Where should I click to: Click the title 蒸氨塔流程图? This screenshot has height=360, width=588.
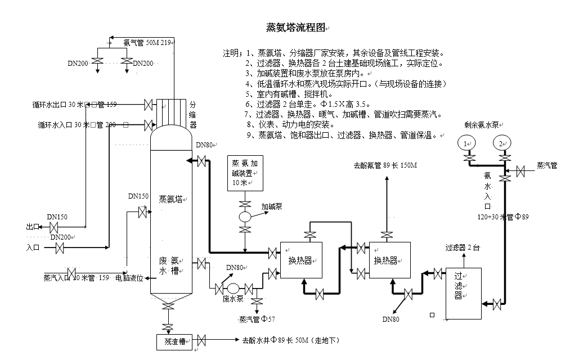click(295, 28)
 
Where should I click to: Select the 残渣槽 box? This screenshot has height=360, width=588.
click(174, 341)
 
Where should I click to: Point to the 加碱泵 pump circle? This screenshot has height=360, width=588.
click(245, 217)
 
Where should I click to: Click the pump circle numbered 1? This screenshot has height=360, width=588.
click(466, 143)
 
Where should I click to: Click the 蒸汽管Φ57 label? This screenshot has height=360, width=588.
click(257, 319)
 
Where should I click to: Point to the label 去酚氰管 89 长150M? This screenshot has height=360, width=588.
click(385, 166)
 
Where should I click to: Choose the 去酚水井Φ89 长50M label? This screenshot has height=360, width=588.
click(290, 341)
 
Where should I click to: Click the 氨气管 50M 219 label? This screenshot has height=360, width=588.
click(147, 42)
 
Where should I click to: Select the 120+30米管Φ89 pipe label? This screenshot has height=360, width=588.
click(502, 216)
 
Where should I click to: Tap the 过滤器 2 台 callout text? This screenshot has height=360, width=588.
click(465, 247)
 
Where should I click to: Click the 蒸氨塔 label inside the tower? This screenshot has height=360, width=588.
click(173, 199)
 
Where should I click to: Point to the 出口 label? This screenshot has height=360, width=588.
click(33, 227)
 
